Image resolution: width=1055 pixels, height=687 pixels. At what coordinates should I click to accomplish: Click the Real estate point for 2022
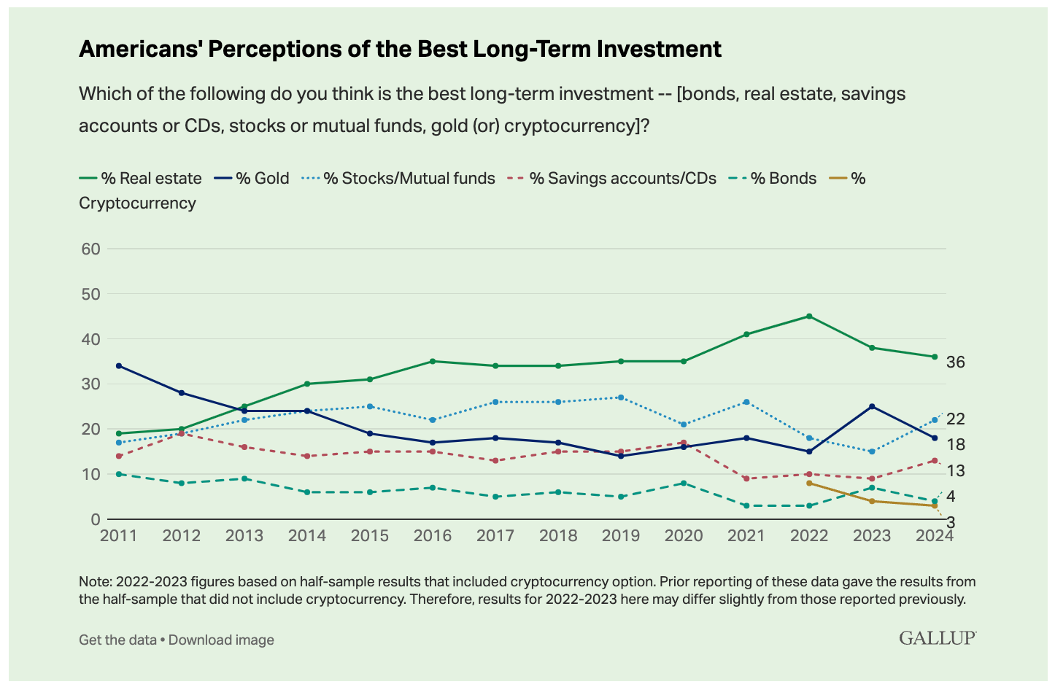pos(809,316)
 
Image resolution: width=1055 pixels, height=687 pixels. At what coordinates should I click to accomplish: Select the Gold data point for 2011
pos(119,365)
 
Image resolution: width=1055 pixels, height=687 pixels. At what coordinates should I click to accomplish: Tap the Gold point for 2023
pos(872,406)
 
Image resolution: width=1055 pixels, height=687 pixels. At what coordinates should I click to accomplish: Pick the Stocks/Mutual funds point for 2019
pos(621,397)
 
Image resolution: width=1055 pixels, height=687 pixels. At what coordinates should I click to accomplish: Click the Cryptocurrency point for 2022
pos(809,483)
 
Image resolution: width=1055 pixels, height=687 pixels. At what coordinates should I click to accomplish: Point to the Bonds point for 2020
pos(684,483)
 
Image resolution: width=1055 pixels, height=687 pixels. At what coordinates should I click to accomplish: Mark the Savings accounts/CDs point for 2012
pos(182,433)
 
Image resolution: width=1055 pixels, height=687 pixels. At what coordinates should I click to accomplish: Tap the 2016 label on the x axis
pos(433,536)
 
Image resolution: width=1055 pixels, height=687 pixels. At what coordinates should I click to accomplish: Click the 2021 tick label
pos(746,536)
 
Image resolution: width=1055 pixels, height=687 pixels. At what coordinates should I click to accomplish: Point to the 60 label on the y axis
pos(91,249)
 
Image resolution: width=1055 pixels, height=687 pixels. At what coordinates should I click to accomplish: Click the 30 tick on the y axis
pos(91,384)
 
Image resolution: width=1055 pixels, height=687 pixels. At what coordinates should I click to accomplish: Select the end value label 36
pos(956,362)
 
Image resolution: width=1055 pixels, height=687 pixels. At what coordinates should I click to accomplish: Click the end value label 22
pos(956,419)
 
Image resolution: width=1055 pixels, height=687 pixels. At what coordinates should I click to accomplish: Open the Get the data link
pos(117,640)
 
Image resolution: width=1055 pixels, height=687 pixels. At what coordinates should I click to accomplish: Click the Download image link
pos(222,640)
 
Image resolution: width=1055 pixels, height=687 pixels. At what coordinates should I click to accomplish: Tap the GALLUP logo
pos(938,638)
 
